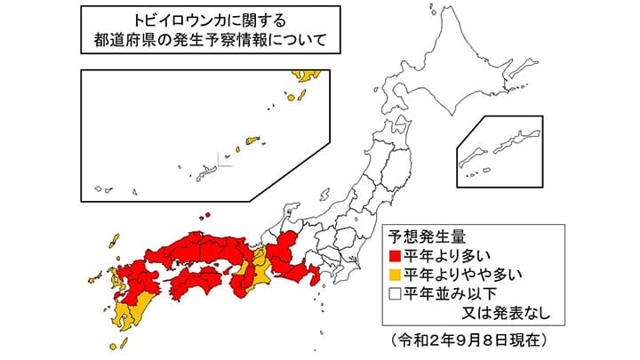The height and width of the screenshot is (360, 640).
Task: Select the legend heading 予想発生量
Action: coord(424,236)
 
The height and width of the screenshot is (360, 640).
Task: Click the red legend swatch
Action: coord(394,256)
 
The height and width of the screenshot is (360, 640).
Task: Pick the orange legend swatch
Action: coord(394,274)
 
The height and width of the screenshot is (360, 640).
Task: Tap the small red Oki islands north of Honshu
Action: coord(206,215)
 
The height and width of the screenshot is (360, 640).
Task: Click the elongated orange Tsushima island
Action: coord(114,241)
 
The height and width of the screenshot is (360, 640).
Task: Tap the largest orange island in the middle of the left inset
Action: coord(252,140)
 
